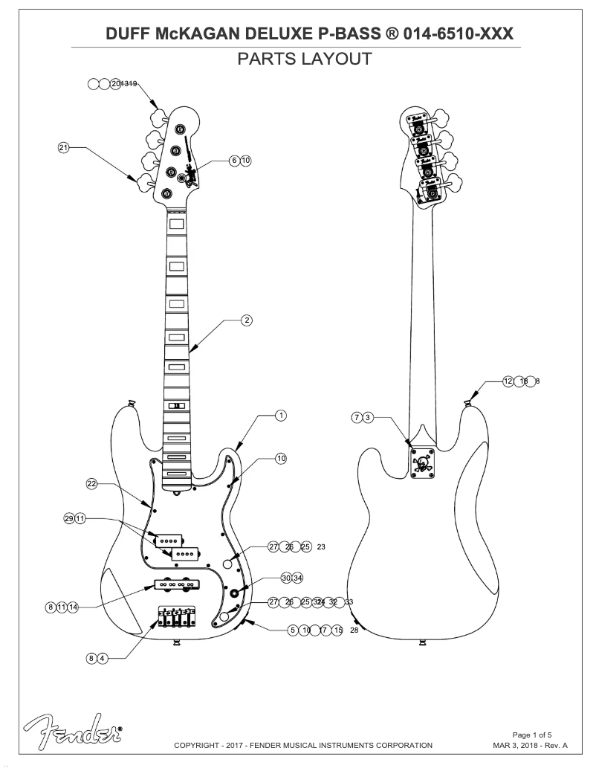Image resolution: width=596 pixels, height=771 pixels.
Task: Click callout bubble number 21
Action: pos(64,148)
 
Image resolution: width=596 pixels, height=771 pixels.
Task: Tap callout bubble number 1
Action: pos(280,415)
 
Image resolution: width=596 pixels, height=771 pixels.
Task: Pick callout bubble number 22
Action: pos(91,484)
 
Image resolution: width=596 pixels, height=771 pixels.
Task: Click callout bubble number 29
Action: pos(69,517)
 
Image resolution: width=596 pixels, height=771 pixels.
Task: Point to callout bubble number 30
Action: pos(286,578)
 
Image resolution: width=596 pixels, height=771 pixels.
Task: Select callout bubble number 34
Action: pos(297,578)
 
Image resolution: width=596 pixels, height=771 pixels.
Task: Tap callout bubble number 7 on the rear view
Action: pos(357,417)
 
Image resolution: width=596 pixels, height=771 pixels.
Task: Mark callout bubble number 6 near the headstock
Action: pos(234,160)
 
